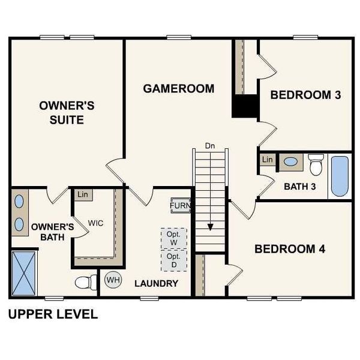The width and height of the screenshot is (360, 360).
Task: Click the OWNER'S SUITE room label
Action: [x=67, y=113]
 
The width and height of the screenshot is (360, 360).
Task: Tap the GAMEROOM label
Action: [x=178, y=89]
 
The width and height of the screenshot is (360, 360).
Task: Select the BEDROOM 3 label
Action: [x=310, y=95]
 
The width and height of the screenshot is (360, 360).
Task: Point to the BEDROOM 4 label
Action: [x=290, y=249]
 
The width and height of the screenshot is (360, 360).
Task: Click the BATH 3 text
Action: [x=300, y=187]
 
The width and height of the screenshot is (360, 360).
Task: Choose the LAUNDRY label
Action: [x=156, y=283]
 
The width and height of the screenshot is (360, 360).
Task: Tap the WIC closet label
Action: [x=96, y=223]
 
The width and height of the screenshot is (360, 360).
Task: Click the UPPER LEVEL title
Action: [x=53, y=314]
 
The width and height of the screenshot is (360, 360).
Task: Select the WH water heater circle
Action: [x=113, y=280]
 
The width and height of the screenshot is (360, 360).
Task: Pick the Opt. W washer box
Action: [x=173, y=238]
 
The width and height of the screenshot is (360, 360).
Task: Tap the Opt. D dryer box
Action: [x=173, y=260]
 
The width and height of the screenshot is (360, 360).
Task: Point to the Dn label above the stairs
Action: [x=209, y=146]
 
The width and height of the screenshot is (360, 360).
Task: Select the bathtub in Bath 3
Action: [x=339, y=176]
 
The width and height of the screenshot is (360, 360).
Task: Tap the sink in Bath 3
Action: [x=292, y=161]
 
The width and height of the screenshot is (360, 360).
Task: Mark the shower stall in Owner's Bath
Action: [x=24, y=274]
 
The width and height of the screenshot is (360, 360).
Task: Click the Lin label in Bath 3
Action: [x=268, y=160]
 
